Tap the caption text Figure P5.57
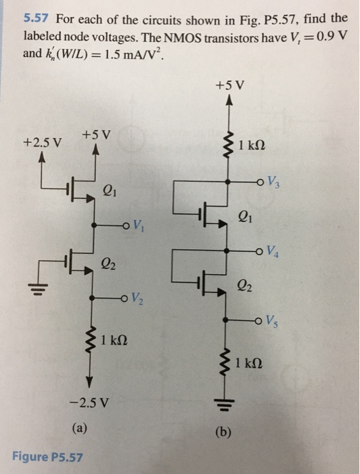[47, 457]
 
